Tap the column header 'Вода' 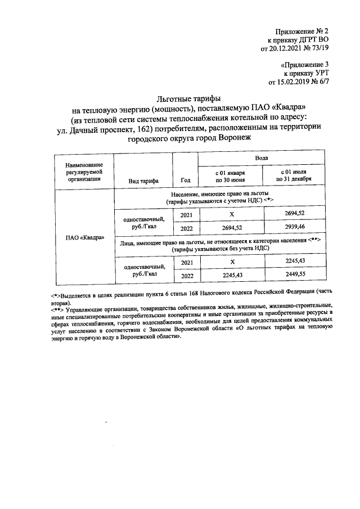coord(261,159)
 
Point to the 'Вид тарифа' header coord(143,180)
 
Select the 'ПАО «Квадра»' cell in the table coord(83,237)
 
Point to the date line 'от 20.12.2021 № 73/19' coord(294,49)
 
